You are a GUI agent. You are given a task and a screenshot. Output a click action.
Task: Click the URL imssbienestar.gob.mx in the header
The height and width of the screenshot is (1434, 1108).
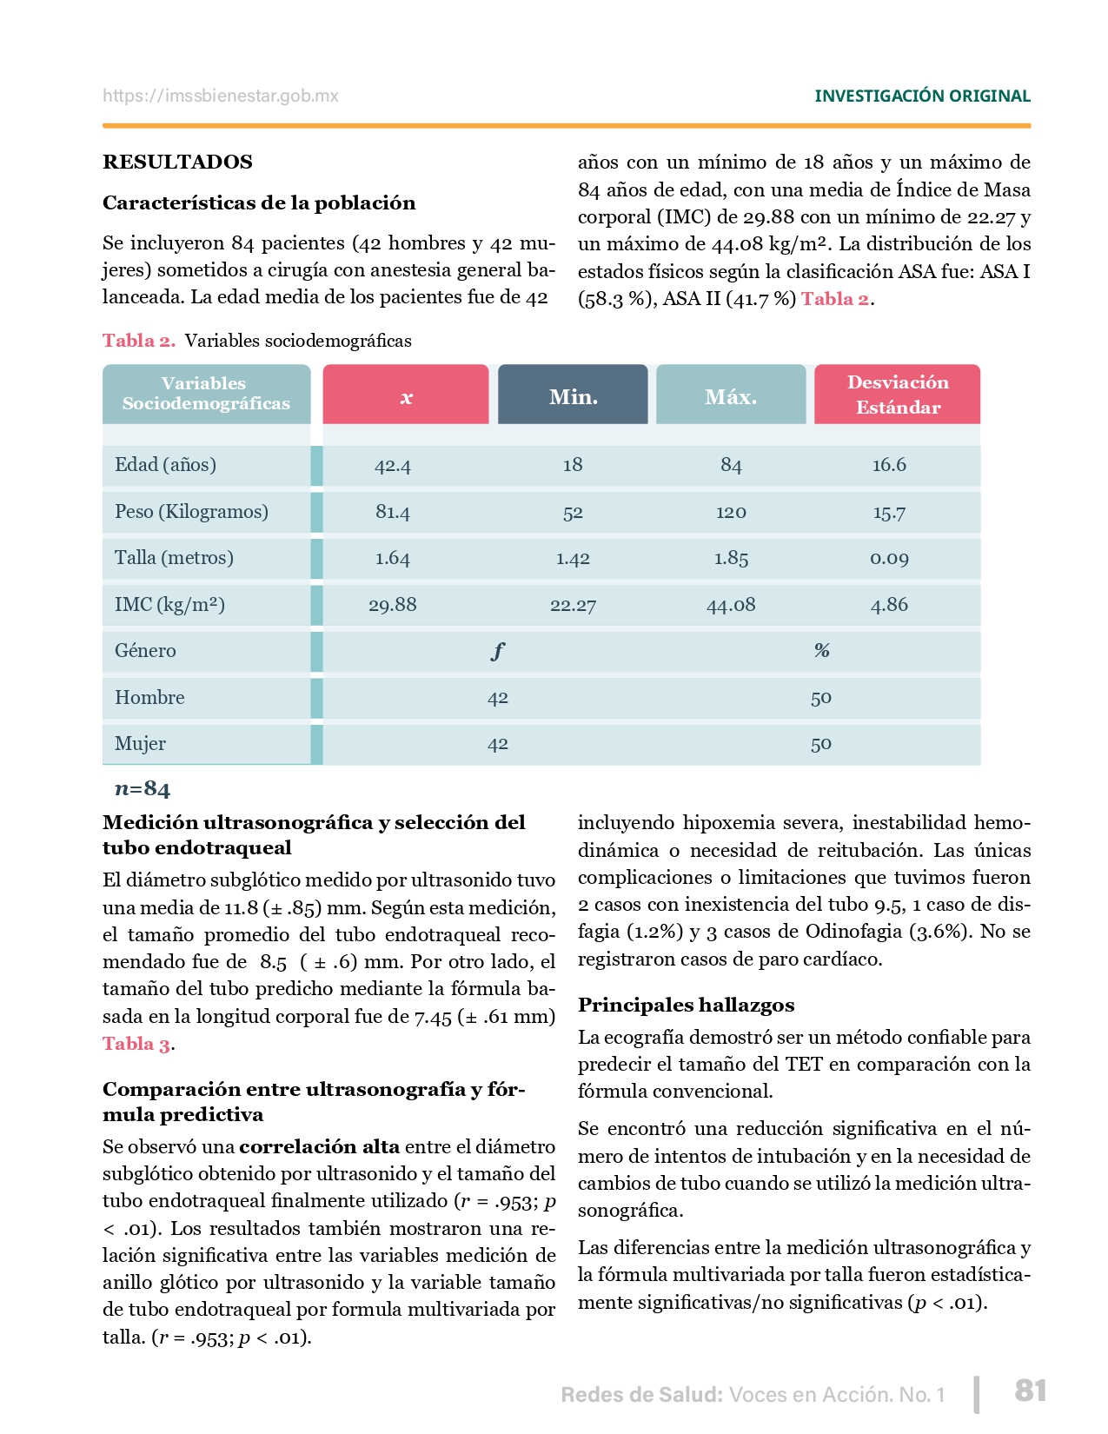(x=221, y=96)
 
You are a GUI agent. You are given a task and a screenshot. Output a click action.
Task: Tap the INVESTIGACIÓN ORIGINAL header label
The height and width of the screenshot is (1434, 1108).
(x=922, y=96)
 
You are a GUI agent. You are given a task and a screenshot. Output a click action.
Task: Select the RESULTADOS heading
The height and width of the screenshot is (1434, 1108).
(x=177, y=162)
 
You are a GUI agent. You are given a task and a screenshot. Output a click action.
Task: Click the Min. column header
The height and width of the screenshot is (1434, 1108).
(x=573, y=396)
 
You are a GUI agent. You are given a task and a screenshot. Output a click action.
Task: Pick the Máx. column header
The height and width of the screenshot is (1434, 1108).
(x=731, y=396)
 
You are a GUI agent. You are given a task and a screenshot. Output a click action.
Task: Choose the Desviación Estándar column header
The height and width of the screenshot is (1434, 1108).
(x=898, y=395)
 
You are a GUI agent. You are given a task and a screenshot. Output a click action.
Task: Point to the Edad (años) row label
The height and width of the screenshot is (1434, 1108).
(x=165, y=464)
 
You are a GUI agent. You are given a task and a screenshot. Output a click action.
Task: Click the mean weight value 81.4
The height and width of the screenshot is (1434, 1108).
(x=393, y=512)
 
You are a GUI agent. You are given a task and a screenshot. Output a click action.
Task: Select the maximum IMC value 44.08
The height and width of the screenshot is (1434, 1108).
(x=731, y=605)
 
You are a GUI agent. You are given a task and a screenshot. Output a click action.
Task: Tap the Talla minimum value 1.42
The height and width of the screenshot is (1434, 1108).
(x=573, y=559)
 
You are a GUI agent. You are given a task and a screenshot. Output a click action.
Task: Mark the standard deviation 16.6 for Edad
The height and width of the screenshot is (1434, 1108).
(x=889, y=465)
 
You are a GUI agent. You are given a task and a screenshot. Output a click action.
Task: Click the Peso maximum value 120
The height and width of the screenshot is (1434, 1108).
(x=731, y=512)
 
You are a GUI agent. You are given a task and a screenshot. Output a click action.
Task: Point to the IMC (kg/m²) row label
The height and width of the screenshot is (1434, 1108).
(x=169, y=604)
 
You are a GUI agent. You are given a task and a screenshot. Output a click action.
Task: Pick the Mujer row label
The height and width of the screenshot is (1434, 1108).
(x=140, y=744)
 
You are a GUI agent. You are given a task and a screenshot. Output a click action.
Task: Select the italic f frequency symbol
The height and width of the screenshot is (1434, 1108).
(x=497, y=650)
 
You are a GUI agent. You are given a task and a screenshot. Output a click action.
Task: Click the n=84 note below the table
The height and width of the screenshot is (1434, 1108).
(x=143, y=789)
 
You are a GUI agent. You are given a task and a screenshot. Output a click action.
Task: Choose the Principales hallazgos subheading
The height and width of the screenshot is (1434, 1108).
(x=686, y=1005)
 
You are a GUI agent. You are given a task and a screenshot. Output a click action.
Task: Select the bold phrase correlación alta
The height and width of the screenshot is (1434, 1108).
(x=319, y=1146)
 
